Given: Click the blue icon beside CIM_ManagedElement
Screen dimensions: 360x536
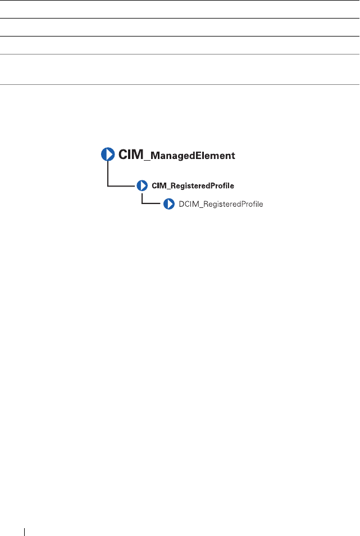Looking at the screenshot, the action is click(108, 155).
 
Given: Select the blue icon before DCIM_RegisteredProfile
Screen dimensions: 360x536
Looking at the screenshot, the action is click(169, 204).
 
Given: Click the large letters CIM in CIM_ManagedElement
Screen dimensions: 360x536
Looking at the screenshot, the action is click(131, 155).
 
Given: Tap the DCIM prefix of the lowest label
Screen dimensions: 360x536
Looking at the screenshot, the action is click(188, 204).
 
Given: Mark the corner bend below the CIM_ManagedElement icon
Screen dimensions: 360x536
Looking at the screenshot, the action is click(107, 185).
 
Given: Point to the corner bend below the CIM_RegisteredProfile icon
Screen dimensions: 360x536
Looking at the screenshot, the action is click(143, 203).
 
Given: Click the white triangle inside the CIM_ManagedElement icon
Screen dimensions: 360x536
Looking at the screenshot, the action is click(108, 155).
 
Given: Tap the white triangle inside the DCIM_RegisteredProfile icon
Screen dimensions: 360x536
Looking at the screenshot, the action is click(170, 204).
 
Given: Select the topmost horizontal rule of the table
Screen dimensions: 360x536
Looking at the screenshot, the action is click(180, 1).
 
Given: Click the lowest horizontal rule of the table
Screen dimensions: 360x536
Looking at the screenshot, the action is click(180, 85).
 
